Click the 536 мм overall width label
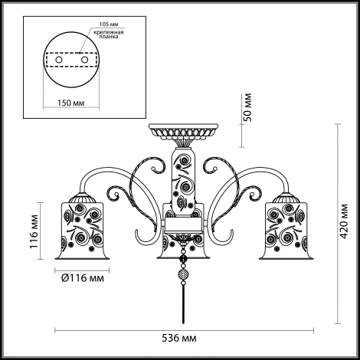(179, 339)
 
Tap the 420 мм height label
(345, 221)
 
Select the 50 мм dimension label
(247, 107)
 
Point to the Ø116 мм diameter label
(83, 278)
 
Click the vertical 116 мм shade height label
(34, 231)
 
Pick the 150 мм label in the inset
(70, 103)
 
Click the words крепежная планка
(109, 34)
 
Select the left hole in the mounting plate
(59, 60)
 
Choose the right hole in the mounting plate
(84, 60)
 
